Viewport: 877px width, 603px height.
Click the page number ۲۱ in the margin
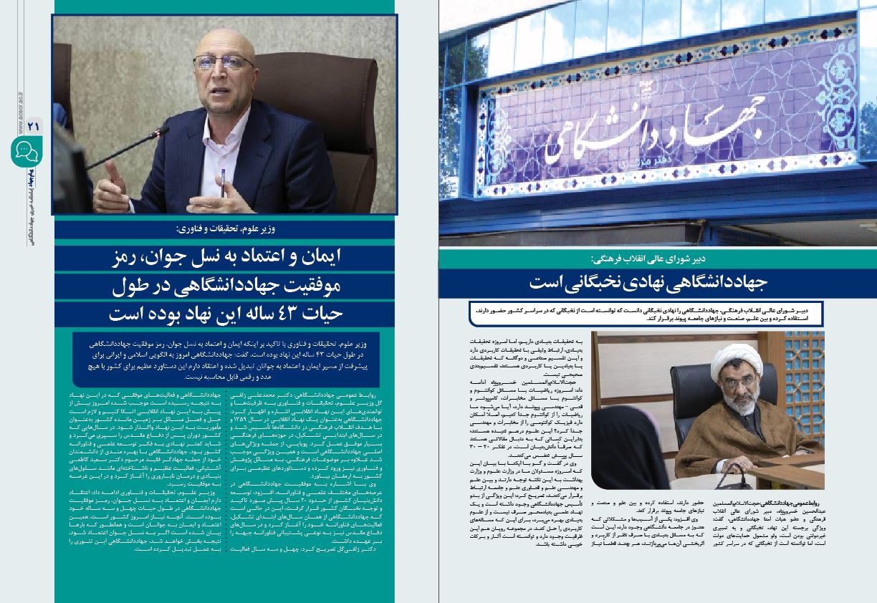(x=32, y=125)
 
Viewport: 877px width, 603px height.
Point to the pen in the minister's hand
(x=223, y=179)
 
